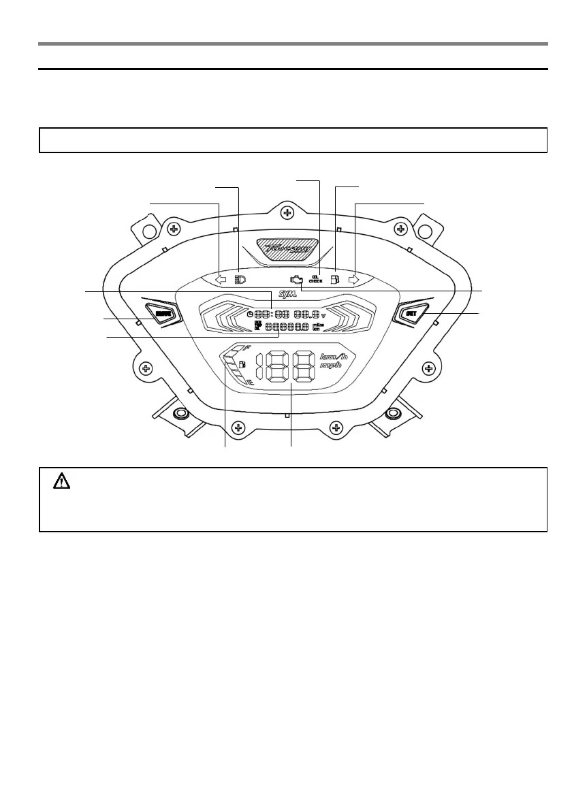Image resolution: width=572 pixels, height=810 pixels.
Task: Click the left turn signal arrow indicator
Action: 220,279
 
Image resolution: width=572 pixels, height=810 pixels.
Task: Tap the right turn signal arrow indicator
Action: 353,279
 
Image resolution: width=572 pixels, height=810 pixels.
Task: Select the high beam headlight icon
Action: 240,279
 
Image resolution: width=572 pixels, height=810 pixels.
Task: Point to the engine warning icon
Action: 295,279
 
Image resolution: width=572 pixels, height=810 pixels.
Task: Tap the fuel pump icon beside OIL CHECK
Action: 334,279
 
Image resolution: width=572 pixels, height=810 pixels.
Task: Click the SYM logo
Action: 288,304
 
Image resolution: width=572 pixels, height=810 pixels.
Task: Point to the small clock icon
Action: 250,314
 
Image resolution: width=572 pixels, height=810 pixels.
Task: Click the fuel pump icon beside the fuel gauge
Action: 242,364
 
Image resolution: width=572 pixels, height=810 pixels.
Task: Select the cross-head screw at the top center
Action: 288,213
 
